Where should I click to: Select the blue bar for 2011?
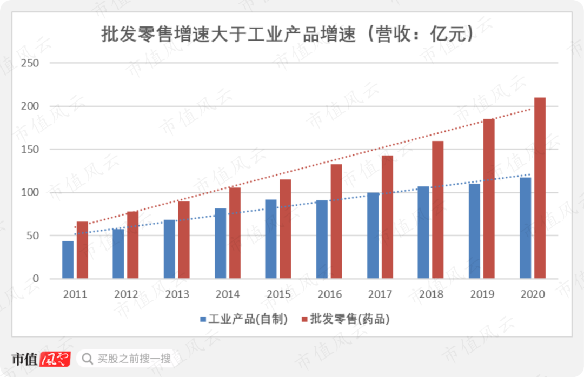68,260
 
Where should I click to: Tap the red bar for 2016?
336,221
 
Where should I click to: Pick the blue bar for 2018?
423,233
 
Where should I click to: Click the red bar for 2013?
184,240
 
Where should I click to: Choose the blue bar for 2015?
271,239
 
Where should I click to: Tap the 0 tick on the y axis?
36,279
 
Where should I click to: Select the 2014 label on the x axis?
228,294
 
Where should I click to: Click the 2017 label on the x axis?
380,294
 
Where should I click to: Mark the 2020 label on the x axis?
533,294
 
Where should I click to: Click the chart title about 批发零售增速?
288,35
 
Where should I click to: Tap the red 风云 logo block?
56,359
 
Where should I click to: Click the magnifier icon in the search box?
87,359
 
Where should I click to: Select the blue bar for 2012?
118,254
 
